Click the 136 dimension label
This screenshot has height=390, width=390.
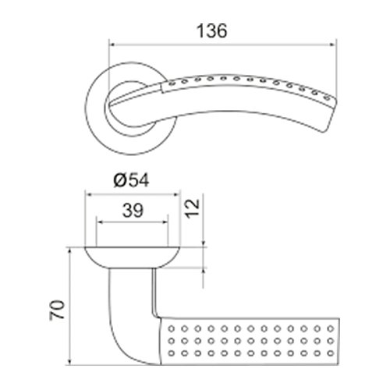(211, 31)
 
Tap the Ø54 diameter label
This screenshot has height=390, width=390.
(131, 180)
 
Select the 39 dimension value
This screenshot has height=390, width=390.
(133, 211)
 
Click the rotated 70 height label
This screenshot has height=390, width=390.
(57, 310)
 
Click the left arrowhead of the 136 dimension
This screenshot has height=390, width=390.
(112, 45)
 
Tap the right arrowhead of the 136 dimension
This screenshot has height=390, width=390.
(333, 45)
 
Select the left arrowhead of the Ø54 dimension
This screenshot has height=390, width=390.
(88, 194)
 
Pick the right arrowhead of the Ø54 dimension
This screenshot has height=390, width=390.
(177, 194)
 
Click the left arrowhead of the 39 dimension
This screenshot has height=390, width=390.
(100, 222)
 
